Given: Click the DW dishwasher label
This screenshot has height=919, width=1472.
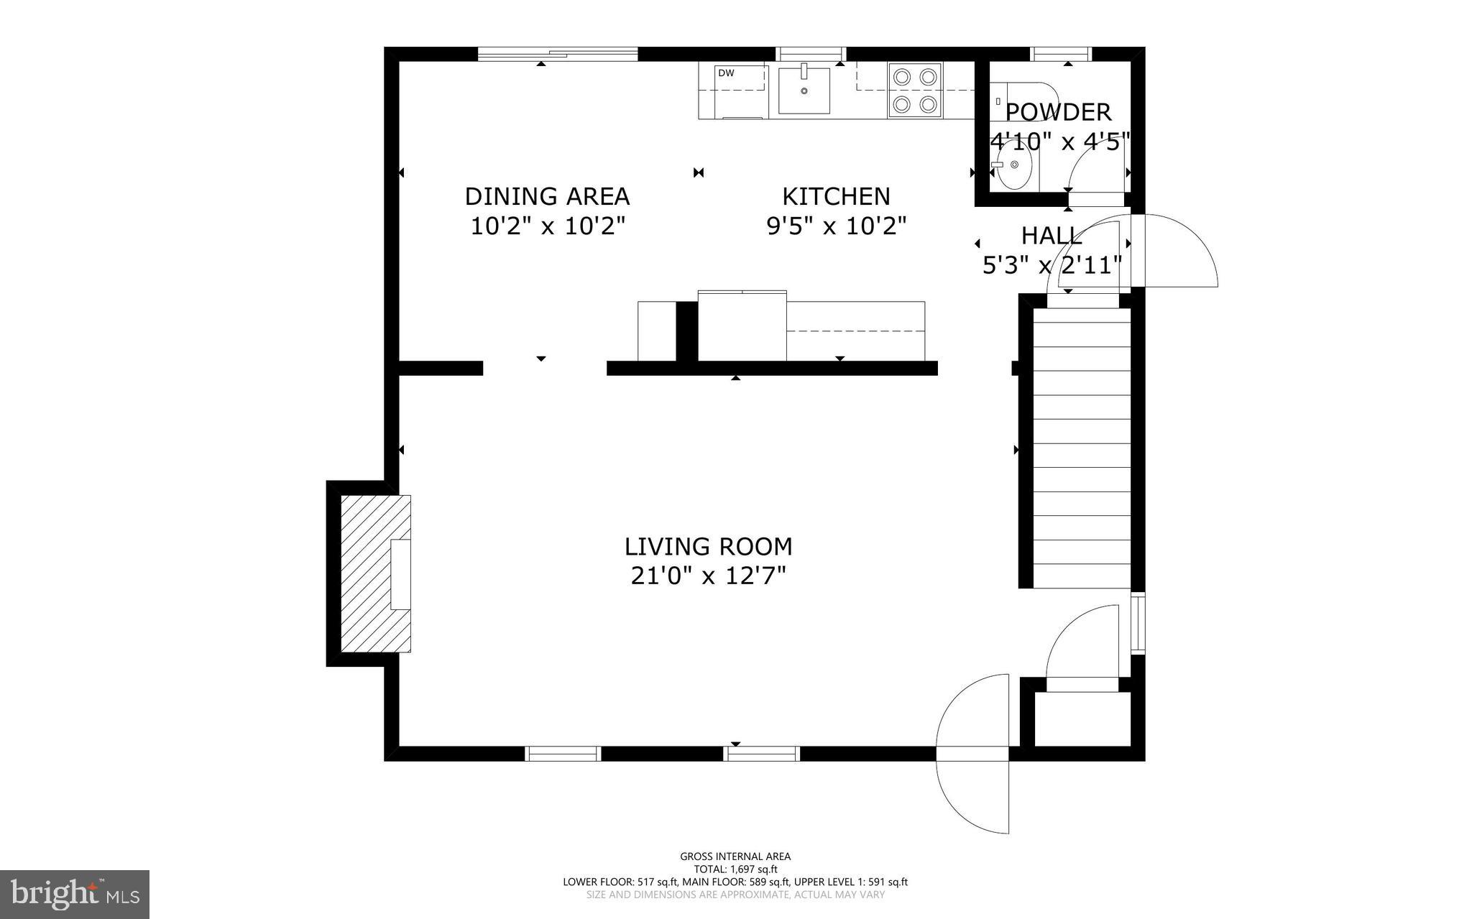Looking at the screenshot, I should (726, 73).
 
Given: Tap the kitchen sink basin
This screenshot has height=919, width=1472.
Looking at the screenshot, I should (804, 91).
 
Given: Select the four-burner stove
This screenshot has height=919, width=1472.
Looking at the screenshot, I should (914, 91).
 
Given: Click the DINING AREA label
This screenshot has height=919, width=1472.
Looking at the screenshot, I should (547, 196).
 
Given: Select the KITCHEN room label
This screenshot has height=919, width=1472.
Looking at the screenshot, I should (836, 196).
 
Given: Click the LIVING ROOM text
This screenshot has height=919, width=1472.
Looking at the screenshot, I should (708, 547).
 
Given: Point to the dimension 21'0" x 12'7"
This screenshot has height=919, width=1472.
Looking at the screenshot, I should (708, 576).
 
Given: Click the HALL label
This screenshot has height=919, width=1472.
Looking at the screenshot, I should (1052, 236).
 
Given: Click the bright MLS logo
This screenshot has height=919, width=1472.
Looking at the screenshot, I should (75, 894).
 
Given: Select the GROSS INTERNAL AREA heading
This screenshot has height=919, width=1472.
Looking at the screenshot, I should (735, 856).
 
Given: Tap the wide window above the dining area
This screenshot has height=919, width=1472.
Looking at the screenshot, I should (558, 53).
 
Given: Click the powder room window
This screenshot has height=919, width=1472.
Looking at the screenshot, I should (1061, 53).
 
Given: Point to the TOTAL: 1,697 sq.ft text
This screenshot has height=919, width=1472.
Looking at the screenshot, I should (735, 869).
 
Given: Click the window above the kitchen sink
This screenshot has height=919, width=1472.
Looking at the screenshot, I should (811, 53).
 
